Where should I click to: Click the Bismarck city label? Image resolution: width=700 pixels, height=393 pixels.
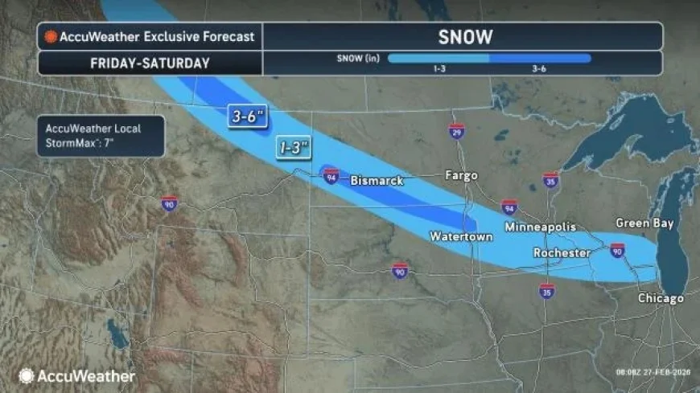tap(377, 181)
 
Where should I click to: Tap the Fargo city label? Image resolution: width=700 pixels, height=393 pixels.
tap(462, 175)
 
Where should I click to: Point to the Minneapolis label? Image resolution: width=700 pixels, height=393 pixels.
tap(540, 227)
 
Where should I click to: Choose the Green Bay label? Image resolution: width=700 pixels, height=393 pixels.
tap(644, 223)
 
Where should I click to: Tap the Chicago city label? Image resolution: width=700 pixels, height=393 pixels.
tap(661, 298)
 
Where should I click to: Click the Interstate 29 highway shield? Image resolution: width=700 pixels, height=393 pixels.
tap(456, 131)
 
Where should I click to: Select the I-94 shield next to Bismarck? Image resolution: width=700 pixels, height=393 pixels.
tap(331, 175)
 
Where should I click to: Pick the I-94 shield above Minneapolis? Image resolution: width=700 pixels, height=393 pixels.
tap(509, 207)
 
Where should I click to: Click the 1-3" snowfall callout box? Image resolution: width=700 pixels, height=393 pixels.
tap(294, 148)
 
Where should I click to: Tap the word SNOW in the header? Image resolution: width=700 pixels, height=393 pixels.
tap(465, 37)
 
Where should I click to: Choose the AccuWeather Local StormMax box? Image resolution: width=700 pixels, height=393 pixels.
tap(101, 136)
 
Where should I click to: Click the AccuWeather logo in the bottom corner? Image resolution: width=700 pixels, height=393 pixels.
tap(76, 375)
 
